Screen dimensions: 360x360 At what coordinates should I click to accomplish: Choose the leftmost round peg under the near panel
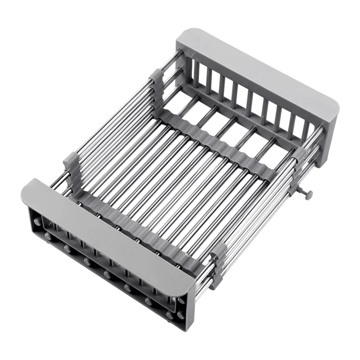[x=47, y=235]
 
